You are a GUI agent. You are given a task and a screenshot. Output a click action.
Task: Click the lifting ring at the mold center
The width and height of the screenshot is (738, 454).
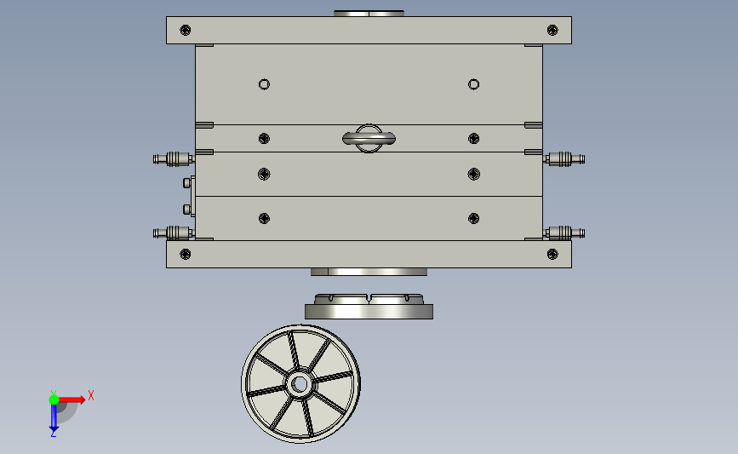point(369,139)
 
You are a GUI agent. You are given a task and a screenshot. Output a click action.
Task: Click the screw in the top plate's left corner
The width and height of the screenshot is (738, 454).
point(186,30)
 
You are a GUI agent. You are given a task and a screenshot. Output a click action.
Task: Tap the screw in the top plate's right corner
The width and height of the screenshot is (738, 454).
point(552,30)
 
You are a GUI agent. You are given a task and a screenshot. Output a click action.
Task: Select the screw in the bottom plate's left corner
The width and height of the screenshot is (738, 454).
point(186,255)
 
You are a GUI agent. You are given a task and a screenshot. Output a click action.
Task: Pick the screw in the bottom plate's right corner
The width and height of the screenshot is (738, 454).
point(552,255)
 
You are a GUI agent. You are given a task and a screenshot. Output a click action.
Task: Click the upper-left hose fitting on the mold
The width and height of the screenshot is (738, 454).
point(173,159)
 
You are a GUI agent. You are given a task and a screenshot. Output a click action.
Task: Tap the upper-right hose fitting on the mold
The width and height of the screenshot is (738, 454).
point(564,159)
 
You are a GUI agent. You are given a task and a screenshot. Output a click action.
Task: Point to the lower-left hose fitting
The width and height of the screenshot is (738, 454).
point(173,233)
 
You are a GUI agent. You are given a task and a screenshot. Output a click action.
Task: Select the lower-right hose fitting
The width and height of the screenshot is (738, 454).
point(564,233)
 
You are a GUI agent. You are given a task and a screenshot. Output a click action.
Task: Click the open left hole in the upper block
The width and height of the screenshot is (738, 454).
point(264,84)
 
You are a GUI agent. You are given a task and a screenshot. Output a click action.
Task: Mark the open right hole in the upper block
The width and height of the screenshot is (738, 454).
point(473,84)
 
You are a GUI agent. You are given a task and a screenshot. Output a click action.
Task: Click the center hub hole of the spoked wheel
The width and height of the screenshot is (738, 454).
point(300,384)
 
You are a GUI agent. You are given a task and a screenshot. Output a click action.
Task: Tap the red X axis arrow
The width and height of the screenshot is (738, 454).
point(72,399)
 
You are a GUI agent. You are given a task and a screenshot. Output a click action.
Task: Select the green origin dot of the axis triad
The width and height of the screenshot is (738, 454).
point(54,399)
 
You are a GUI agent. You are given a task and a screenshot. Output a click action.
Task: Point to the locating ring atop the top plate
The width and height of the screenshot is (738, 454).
point(369,13)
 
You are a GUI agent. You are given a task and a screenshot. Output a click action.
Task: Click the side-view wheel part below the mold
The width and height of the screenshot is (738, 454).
point(369,307)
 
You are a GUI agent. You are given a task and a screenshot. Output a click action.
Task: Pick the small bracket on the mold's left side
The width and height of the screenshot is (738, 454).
point(189,196)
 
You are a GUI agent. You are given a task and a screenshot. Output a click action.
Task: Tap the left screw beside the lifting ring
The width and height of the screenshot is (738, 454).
point(264,139)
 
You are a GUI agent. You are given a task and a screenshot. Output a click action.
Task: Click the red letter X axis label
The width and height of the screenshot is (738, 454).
point(91,395)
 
